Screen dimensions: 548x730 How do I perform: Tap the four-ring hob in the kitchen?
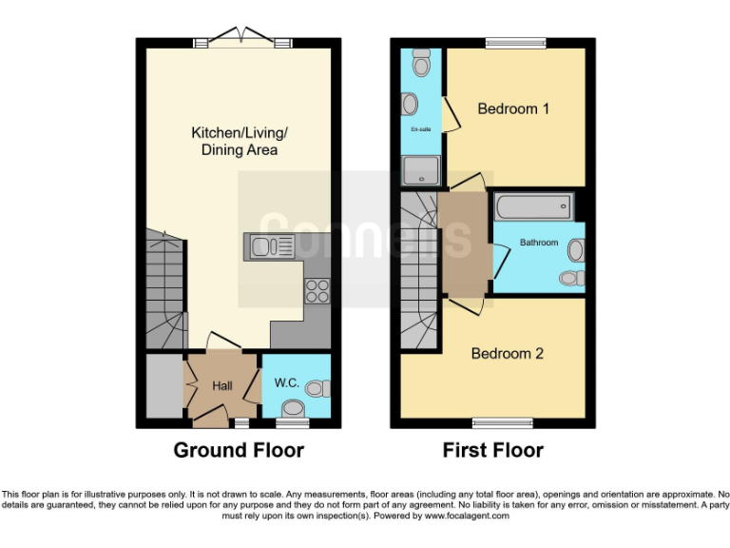(317, 290)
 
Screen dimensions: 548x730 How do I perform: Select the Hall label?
(222, 385)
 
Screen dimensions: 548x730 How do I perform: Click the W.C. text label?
(287, 383)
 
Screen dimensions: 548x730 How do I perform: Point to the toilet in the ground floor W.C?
(320, 388)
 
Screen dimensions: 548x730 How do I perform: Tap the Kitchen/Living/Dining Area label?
(239, 141)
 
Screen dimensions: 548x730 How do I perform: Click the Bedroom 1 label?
(513, 108)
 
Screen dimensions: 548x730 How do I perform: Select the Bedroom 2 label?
(508, 353)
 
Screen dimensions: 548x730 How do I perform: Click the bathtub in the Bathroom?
(532, 205)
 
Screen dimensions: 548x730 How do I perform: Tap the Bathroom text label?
(539, 243)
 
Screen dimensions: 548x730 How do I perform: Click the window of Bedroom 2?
(503, 422)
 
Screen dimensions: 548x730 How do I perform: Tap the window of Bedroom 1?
(515, 42)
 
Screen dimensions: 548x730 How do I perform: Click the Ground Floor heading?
(239, 450)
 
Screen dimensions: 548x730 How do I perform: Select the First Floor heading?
(493, 450)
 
